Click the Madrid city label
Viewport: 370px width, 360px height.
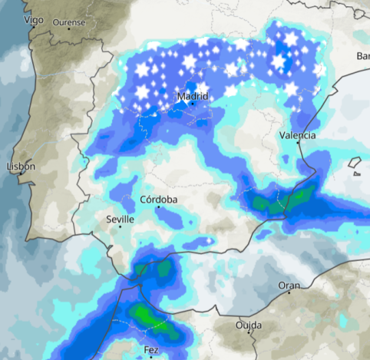(x=192, y=97)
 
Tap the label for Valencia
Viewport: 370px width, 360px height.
(x=296, y=135)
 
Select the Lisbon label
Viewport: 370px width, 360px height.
(x=20, y=167)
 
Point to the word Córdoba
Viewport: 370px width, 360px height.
(x=159, y=200)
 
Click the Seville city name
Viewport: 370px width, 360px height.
(x=120, y=220)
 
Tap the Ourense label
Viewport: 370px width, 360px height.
(x=69, y=22)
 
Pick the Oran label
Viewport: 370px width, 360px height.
(x=289, y=286)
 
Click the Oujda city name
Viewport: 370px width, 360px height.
(x=248, y=325)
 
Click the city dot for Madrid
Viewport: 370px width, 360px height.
(x=190, y=107)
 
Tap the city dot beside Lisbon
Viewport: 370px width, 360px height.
(x=21, y=175)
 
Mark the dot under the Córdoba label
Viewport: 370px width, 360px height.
(x=159, y=207)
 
